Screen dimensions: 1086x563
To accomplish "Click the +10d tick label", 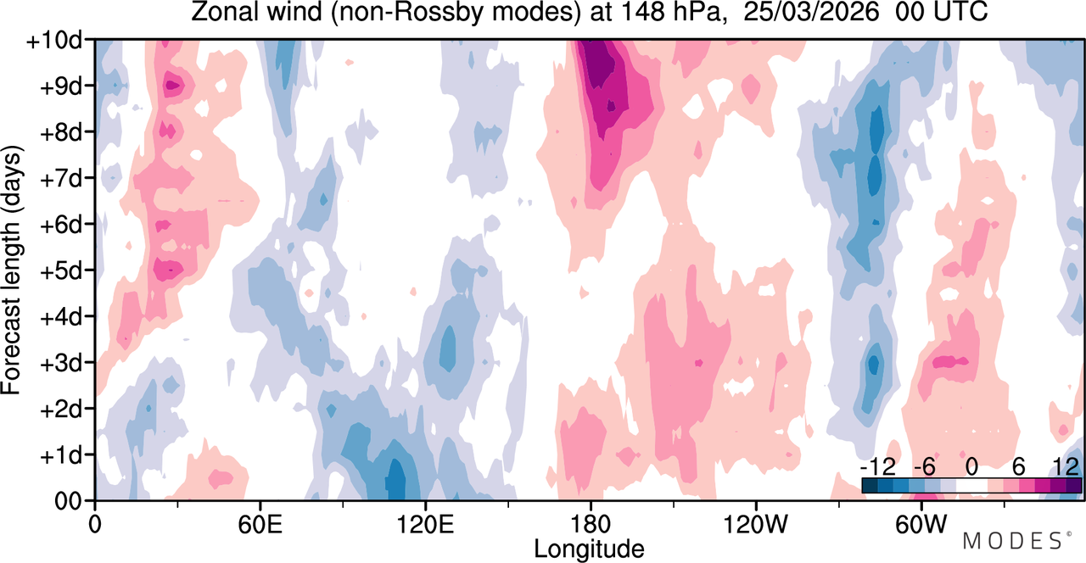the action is pyautogui.click(x=54, y=41).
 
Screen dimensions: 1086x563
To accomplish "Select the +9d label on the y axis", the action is pyautogui.click(x=60, y=87).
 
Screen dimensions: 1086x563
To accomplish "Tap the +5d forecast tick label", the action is pyautogui.click(x=60, y=271).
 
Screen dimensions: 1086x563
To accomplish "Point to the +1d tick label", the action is pyautogui.click(x=60, y=456).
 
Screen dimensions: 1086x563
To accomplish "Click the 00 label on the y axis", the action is pyautogui.click(x=69, y=502).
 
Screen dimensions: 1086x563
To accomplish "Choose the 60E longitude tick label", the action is pyautogui.click(x=260, y=525).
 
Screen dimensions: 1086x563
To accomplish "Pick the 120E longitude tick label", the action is pyautogui.click(x=426, y=525).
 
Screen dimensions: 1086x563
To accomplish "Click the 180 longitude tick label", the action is pyautogui.click(x=591, y=525).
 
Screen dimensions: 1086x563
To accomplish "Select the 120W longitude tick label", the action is pyautogui.click(x=756, y=525).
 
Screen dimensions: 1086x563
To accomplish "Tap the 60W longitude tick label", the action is pyautogui.click(x=921, y=525).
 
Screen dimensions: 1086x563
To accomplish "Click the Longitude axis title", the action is pyautogui.click(x=589, y=549).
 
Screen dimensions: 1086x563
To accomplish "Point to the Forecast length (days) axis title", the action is pyautogui.click(x=12, y=270).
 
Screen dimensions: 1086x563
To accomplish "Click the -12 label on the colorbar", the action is pyautogui.click(x=878, y=467).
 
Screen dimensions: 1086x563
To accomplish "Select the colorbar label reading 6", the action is pyautogui.click(x=1019, y=467).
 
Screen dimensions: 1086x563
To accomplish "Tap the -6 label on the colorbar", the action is pyautogui.click(x=924, y=467).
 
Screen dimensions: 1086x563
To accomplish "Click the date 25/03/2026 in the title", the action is pyautogui.click(x=811, y=12).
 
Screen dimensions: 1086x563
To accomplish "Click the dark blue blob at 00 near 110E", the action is pyautogui.click(x=396, y=480).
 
